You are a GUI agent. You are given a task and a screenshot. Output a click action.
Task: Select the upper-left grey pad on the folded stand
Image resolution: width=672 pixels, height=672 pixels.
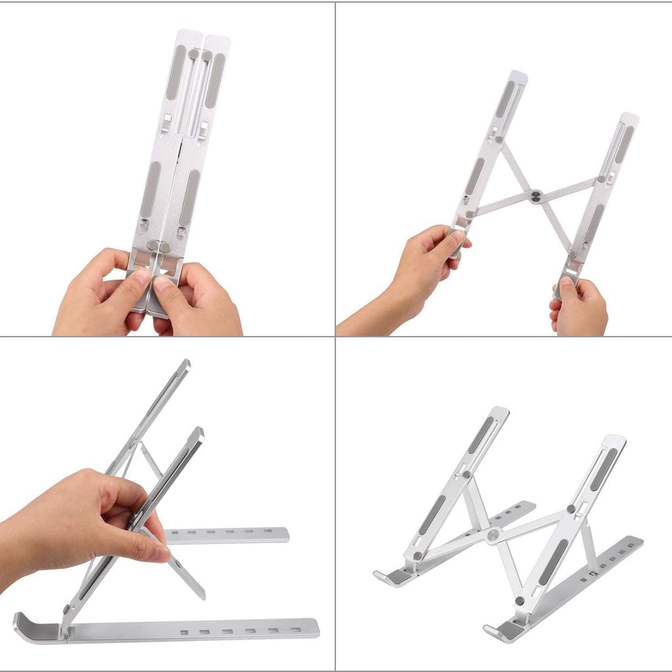[x=175, y=72]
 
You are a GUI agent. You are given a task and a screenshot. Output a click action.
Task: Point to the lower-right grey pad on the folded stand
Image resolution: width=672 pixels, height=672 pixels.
[x=189, y=197]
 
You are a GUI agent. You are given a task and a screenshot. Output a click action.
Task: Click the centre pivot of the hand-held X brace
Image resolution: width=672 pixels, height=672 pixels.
[x=537, y=195]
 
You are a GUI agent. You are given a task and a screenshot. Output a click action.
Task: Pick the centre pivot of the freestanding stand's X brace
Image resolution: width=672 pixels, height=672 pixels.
[x=492, y=535]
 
